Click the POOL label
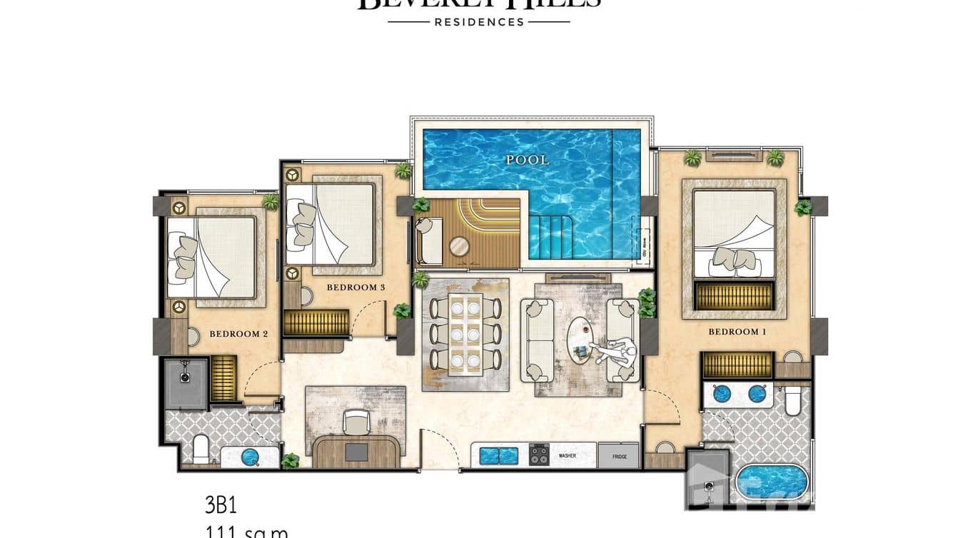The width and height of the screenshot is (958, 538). [528, 161]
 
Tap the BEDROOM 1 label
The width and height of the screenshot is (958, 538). [733, 332]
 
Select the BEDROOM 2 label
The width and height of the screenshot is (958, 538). [238, 333]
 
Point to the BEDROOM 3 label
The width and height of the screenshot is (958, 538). [356, 288]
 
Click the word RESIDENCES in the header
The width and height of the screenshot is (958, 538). [479, 22]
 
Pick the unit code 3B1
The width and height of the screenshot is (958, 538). [221, 505]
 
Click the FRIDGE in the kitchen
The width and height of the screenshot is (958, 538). [619, 455]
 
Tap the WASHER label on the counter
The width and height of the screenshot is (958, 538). [568, 455]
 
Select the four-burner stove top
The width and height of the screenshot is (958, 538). [539, 455]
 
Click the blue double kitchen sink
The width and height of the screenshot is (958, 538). [498, 455]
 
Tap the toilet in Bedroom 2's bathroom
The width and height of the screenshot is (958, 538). [201, 450]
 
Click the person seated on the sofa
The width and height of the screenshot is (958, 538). [617, 352]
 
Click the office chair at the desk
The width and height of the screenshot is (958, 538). [356, 422]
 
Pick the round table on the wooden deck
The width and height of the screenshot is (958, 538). [459, 247]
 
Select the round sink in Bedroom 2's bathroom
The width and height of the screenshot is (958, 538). [249, 457]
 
